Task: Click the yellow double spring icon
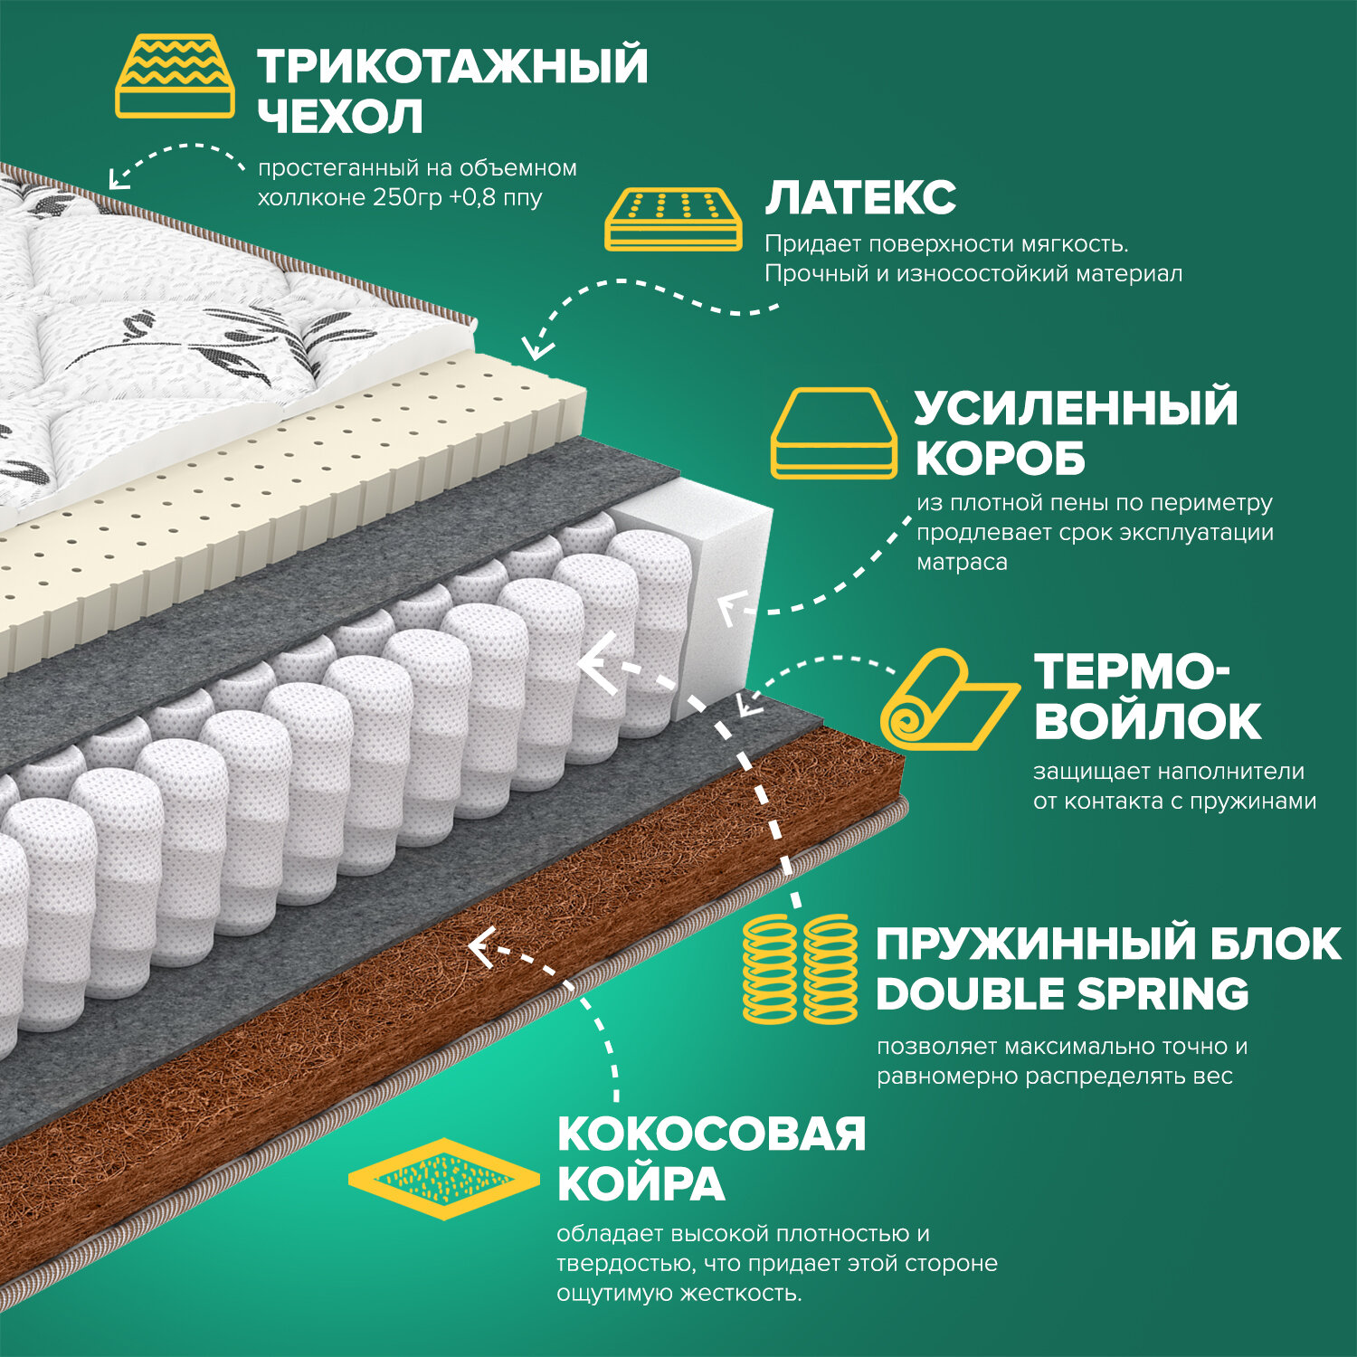tap(800, 968)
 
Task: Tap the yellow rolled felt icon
tap(945, 699)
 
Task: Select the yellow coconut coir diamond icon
tap(443, 1178)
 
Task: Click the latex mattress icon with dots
tap(673, 220)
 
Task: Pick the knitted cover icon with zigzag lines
tap(176, 77)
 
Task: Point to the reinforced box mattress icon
tap(833, 433)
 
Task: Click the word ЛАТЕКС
tap(860, 198)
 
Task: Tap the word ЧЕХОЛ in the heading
tap(340, 117)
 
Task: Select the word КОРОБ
tap(1000, 459)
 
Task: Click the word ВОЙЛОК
tap(1147, 721)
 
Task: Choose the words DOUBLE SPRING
tap(1062, 994)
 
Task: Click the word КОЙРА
tap(641, 1184)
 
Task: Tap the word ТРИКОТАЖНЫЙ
tap(452, 66)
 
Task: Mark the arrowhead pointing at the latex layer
tap(538, 346)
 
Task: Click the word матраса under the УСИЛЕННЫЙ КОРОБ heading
tap(962, 562)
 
